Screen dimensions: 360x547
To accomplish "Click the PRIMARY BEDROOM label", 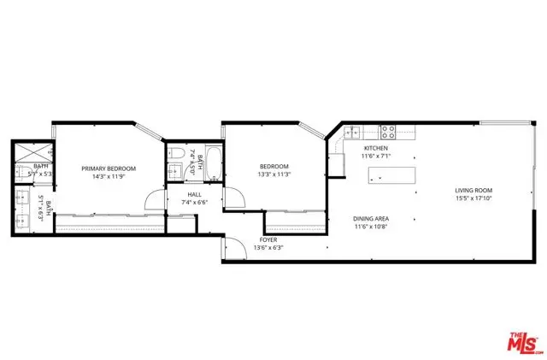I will click(x=109, y=168).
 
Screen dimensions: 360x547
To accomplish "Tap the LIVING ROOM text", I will click(x=473, y=191).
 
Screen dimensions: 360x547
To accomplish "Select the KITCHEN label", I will click(x=375, y=149).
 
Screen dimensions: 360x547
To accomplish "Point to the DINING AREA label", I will click(x=371, y=219).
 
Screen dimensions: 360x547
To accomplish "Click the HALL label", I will click(x=194, y=194).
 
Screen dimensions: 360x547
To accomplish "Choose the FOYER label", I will click(x=269, y=239).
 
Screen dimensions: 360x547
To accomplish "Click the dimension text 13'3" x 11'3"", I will click(x=274, y=175).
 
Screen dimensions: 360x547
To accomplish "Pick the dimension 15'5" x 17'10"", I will click(x=473, y=199).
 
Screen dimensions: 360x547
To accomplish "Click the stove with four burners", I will click(x=386, y=133).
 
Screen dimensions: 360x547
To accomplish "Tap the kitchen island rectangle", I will click(x=392, y=175).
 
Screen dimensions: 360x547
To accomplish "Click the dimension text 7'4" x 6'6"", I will click(x=194, y=203).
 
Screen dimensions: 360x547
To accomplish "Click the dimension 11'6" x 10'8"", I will click(x=371, y=227).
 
